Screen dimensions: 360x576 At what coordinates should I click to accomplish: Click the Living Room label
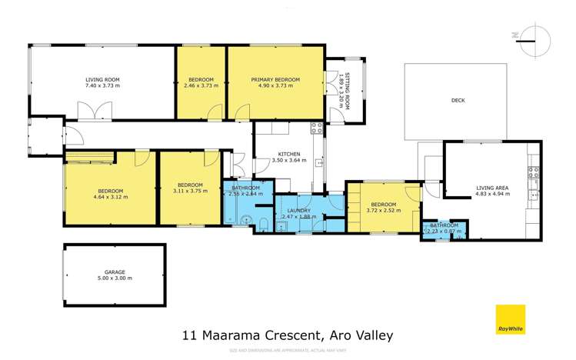pos(102,79)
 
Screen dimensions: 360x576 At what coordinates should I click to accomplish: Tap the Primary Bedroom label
pos(275,79)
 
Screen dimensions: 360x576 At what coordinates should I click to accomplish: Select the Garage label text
pos(115,272)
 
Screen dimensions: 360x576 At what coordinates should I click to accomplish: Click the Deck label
pos(458,100)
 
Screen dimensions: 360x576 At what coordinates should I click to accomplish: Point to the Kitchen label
pos(289,154)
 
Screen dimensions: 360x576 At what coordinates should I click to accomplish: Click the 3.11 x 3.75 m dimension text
pos(189,192)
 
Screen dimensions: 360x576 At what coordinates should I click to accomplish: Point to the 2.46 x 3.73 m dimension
pos(201,85)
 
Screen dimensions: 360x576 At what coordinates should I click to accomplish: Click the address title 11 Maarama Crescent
pos(287,335)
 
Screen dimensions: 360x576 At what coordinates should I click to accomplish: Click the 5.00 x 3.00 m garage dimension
pos(115,278)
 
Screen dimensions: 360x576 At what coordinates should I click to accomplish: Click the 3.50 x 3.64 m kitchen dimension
pos(289,161)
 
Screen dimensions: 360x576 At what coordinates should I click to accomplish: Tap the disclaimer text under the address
pos(288,351)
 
